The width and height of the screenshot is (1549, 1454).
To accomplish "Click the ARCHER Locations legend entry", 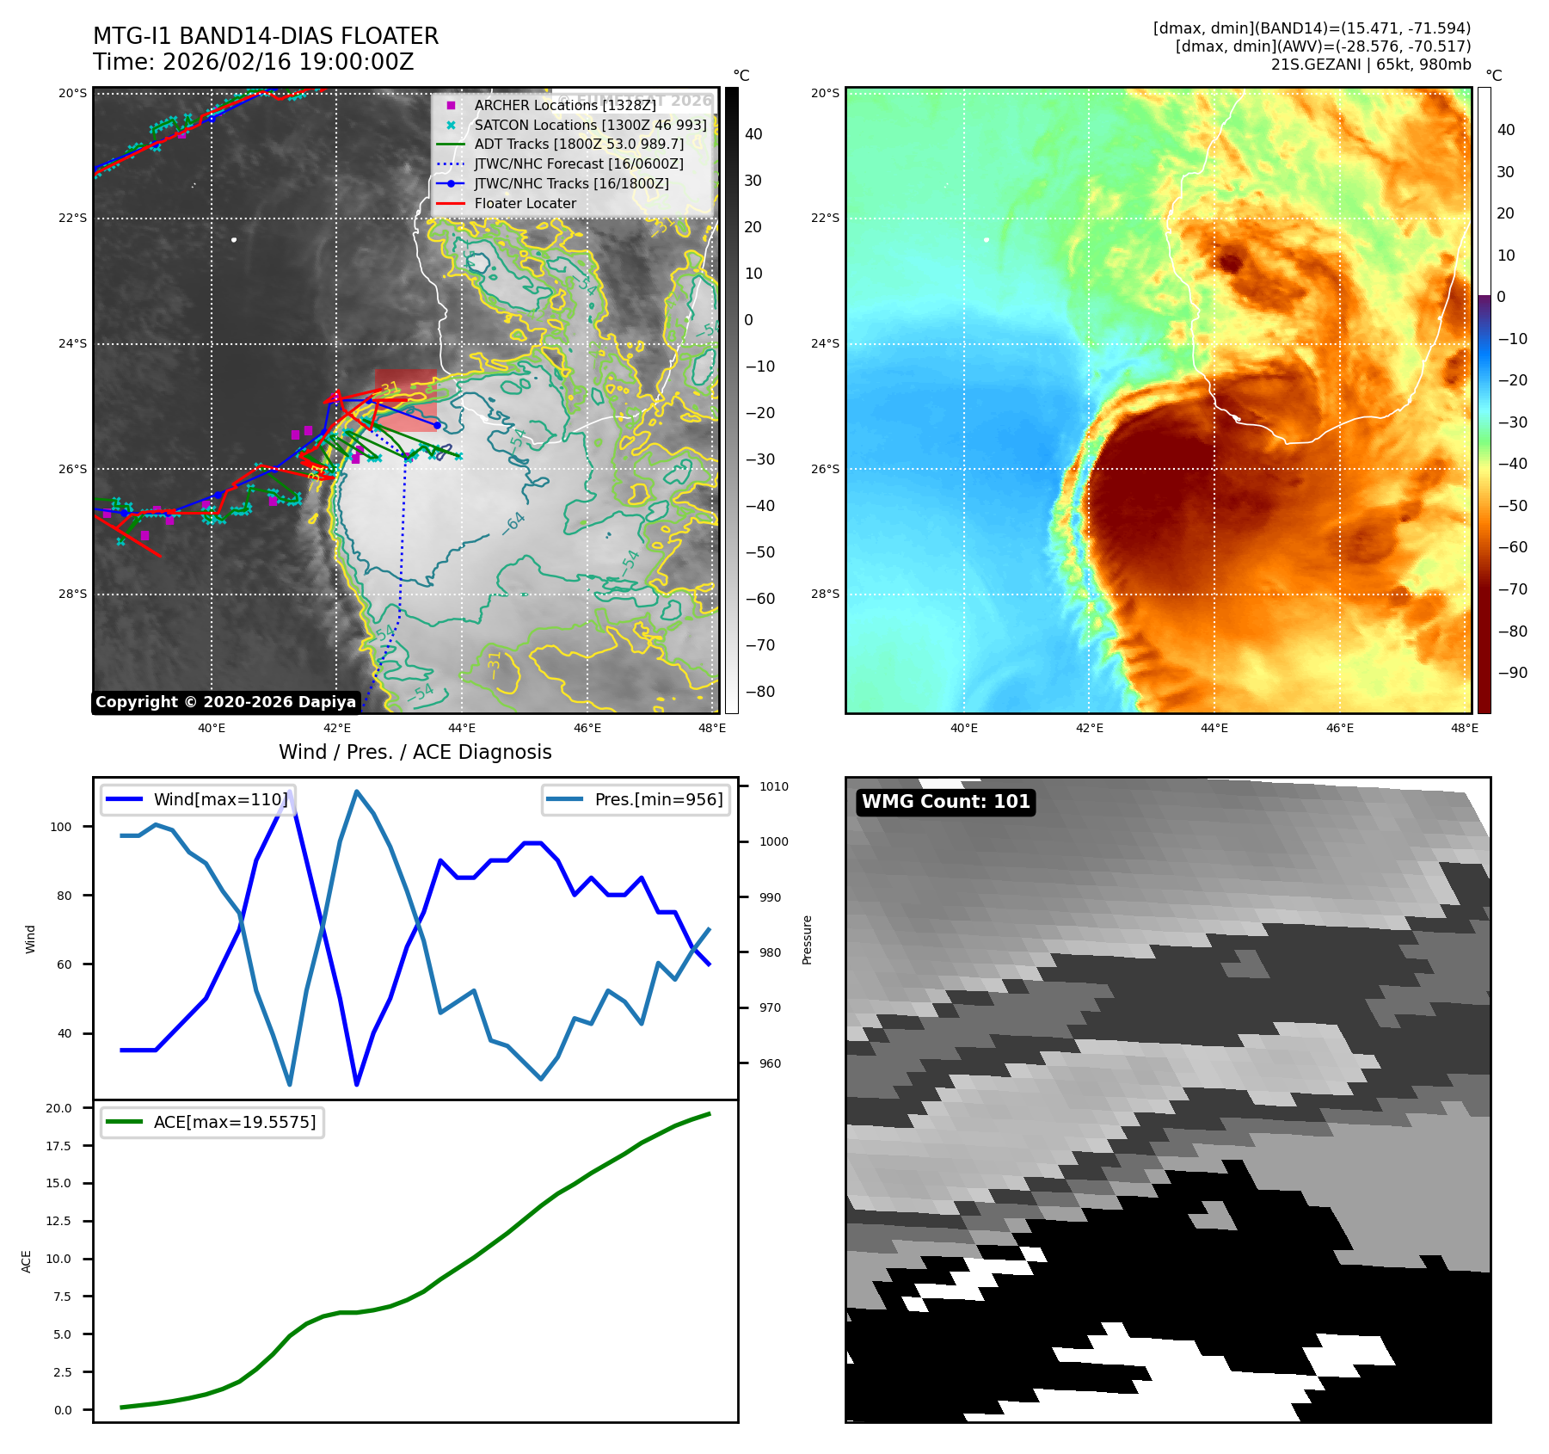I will (564, 105).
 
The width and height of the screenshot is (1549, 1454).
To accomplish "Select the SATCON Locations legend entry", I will (590, 125).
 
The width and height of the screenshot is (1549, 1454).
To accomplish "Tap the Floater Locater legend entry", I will (525, 203).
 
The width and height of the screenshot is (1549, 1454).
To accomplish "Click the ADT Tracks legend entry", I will (579, 144).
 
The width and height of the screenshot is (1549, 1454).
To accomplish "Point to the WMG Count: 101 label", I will (945, 802).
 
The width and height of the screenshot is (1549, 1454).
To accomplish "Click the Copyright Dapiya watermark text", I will (225, 702).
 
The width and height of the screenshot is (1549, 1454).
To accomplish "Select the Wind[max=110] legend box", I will (198, 799).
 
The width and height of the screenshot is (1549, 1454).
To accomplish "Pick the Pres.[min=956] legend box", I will (636, 799).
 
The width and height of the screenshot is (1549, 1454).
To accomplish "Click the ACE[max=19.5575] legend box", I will (212, 1122).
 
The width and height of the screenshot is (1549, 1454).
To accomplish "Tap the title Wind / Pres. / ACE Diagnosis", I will (415, 752).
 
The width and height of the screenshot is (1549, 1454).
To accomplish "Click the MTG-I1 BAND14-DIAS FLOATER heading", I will (266, 36).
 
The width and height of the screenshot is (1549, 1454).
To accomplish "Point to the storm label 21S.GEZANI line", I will (1371, 65).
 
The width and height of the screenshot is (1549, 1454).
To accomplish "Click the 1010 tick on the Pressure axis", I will (773, 786).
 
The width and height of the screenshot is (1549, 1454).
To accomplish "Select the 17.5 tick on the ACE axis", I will (59, 1146).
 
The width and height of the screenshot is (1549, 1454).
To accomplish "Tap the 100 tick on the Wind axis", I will (61, 827).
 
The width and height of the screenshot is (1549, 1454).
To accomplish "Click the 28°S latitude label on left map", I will (73, 594).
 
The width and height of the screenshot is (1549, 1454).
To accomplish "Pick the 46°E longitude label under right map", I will (1339, 728).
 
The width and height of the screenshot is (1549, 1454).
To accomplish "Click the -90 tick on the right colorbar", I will (1512, 673).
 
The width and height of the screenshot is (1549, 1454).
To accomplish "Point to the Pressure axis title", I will (807, 940).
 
